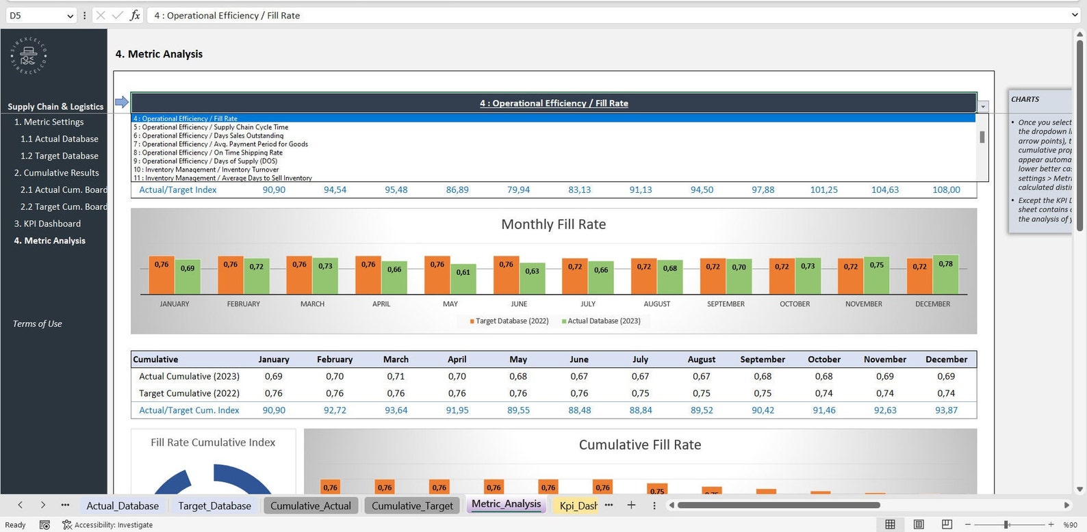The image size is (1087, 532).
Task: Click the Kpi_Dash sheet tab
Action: pyautogui.click(x=578, y=505)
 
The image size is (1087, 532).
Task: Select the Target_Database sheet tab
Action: pyautogui.click(x=214, y=505)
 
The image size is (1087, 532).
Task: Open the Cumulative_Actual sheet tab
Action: pyautogui.click(x=310, y=505)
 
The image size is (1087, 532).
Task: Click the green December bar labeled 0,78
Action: pyautogui.click(x=945, y=275)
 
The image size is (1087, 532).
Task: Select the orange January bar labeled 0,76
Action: pyautogui.click(x=162, y=275)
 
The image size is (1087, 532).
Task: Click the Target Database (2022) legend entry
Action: pyautogui.click(x=512, y=321)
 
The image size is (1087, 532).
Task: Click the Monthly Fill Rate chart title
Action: pyautogui.click(x=553, y=224)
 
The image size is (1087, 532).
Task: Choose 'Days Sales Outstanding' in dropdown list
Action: pyautogui.click(x=212, y=135)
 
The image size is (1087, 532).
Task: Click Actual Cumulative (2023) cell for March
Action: pyautogui.click(x=396, y=376)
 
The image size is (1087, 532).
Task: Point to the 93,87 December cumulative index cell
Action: pyautogui.click(x=946, y=410)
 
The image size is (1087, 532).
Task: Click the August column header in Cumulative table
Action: pyautogui.click(x=702, y=359)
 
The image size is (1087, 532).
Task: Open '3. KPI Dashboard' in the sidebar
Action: pyautogui.click(x=47, y=224)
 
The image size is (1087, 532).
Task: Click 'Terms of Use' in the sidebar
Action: pyautogui.click(x=37, y=323)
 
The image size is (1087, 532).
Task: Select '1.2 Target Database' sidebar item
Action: pyautogui.click(x=59, y=156)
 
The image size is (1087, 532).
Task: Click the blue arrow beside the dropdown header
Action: pyautogui.click(x=122, y=103)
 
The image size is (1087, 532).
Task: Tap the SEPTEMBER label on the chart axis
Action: pyautogui.click(x=726, y=304)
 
